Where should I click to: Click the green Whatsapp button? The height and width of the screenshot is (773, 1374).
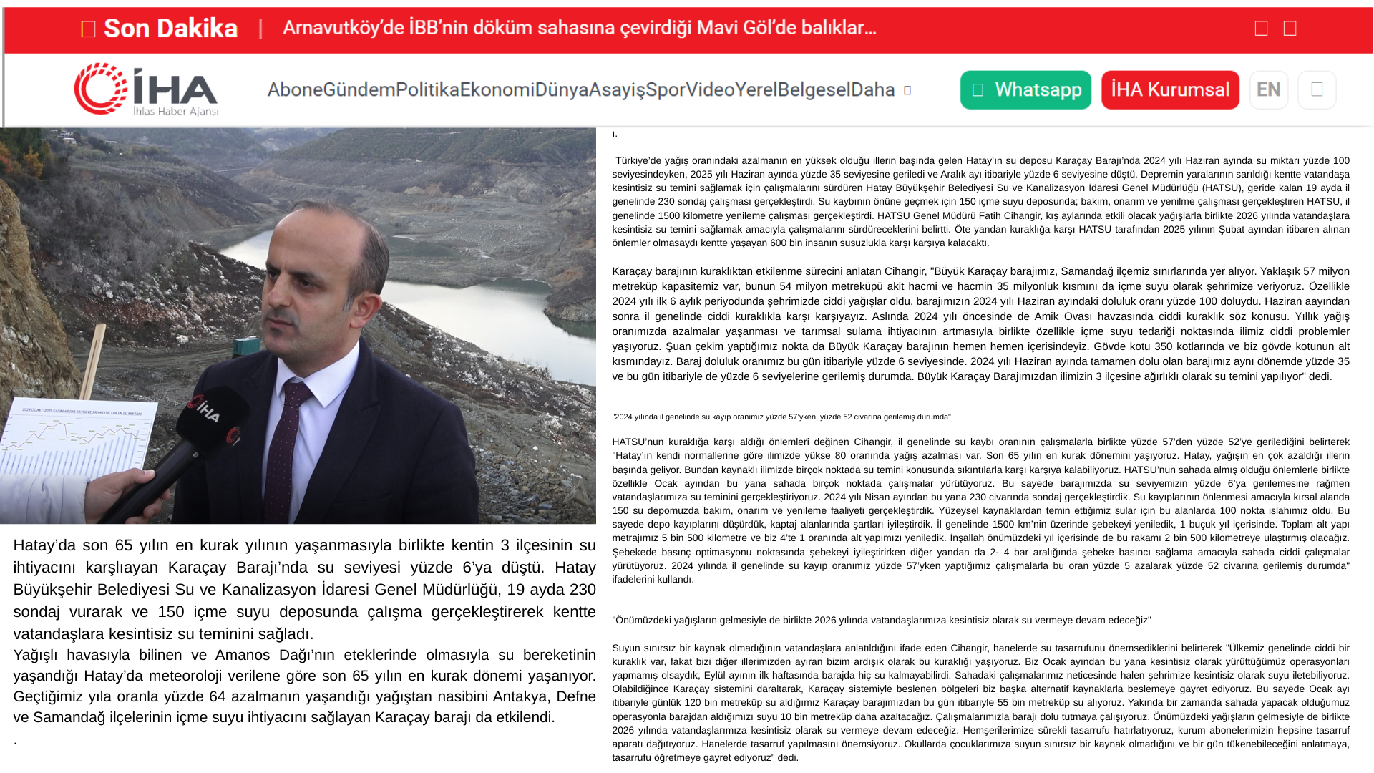pyautogui.click(x=1025, y=90)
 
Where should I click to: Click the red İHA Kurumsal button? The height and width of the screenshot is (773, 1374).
pyautogui.click(x=1170, y=90)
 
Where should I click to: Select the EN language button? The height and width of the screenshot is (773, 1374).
pyautogui.click(x=1269, y=90)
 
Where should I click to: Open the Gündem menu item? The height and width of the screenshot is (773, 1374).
pyautogui.click(x=359, y=90)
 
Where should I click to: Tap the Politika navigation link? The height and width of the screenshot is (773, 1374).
pyautogui.click(x=427, y=90)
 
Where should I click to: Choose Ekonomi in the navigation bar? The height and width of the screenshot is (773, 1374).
pyautogui.click(x=497, y=90)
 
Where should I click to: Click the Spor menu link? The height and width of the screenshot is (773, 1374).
pyautogui.click(x=666, y=90)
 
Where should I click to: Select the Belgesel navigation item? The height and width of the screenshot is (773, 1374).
pyautogui.click(x=814, y=90)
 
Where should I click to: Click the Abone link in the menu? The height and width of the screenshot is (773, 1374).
pyautogui.click(x=295, y=90)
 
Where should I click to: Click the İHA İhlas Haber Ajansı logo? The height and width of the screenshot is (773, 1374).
pyautogui.click(x=147, y=89)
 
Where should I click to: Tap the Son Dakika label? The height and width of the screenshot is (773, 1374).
pyautogui.click(x=170, y=29)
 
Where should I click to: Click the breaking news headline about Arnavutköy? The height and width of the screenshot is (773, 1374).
pyautogui.click(x=579, y=28)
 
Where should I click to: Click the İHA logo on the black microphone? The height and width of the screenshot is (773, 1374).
pyautogui.click(x=205, y=410)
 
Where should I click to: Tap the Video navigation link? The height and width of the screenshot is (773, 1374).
pyautogui.click(x=710, y=90)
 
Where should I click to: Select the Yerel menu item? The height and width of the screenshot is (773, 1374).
pyautogui.click(x=756, y=90)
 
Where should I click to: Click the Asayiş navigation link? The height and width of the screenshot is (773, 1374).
pyautogui.click(x=616, y=90)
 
